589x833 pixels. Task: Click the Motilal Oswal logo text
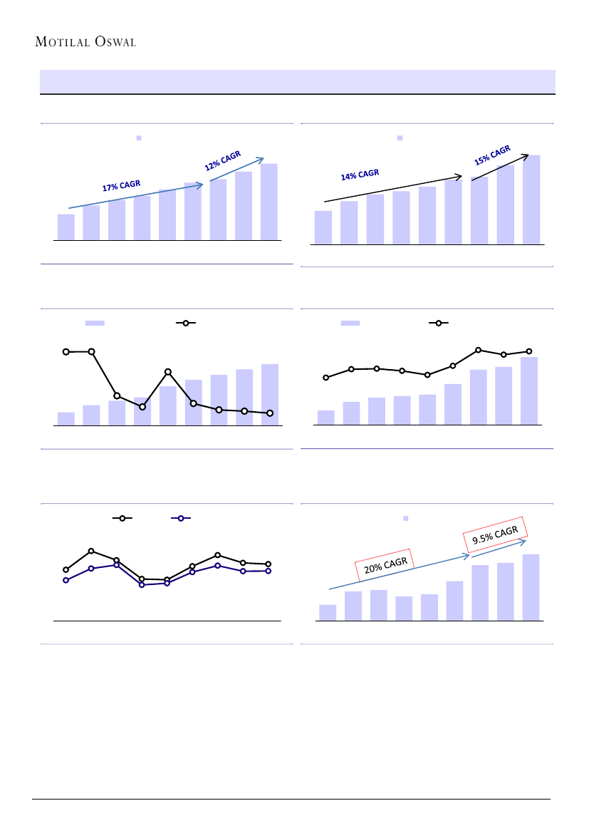pyautogui.click(x=85, y=41)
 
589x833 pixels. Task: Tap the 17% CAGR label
pyautogui.click(x=121, y=186)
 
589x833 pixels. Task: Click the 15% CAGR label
pyautogui.click(x=492, y=155)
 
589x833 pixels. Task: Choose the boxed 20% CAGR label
pyautogui.click(x=385, y=565)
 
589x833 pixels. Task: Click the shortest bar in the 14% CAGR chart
pyautogui.click(x=323, y=227)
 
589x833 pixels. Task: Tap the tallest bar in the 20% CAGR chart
pyautogui.click(x=531, y=587)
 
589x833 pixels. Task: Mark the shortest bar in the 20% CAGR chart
pyautogui.click(x=328, y=612)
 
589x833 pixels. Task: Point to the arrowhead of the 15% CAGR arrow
pyautogui.click(x=526, y=154)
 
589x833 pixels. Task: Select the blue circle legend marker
pyautogui.click(x=181, y=519)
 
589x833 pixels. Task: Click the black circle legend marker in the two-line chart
pyautogui.click(x=122, y=519)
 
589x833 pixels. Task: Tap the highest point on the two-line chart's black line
pyautogui.click(x=91, y=551)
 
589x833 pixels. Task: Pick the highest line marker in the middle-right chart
pyautogui.click(x=479, y=350)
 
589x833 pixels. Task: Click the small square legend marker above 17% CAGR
pyautogui.click(x=140, y=137)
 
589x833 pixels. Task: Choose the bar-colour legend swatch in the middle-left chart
pyautogui.click(x=95, y=323)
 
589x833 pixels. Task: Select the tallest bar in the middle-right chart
pyautogui.click(x=529, y=390)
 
